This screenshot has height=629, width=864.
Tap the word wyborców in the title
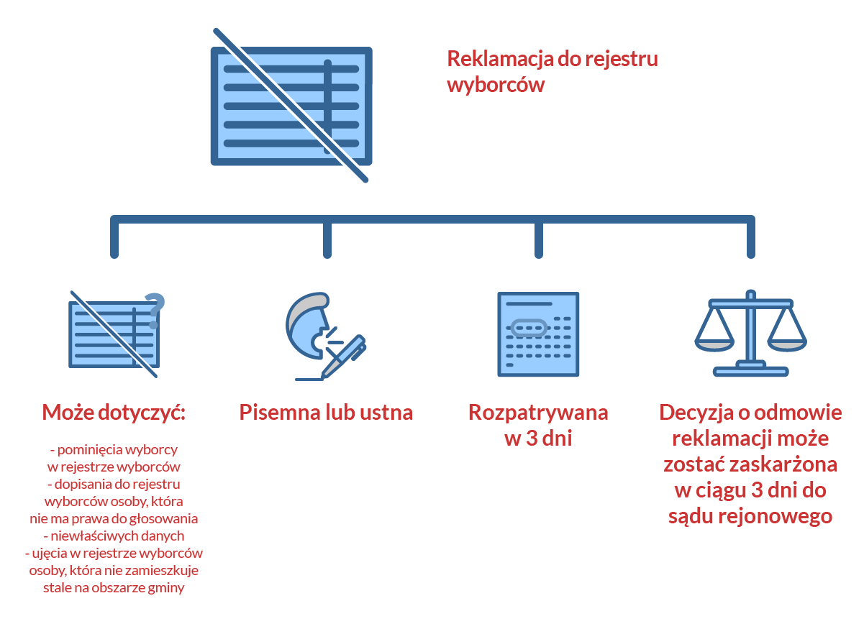click(496, 85)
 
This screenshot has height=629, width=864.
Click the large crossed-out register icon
click(291, 105)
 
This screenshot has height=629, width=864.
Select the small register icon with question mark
click(117, 334)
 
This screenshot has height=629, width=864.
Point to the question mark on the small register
click(155, 311)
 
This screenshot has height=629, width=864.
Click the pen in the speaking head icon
click(344, 357)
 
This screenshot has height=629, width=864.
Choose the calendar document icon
click(538, 334)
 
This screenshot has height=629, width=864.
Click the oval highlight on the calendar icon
click(529, 329)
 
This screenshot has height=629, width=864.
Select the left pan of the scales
click(714, 345)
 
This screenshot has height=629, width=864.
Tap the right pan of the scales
click(787, 345)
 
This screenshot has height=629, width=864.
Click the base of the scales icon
click(750, 372)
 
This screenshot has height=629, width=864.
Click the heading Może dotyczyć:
click(114, 413)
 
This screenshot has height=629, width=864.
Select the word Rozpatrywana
click(538, 413)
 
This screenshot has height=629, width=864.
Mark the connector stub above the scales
click(750, 238)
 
